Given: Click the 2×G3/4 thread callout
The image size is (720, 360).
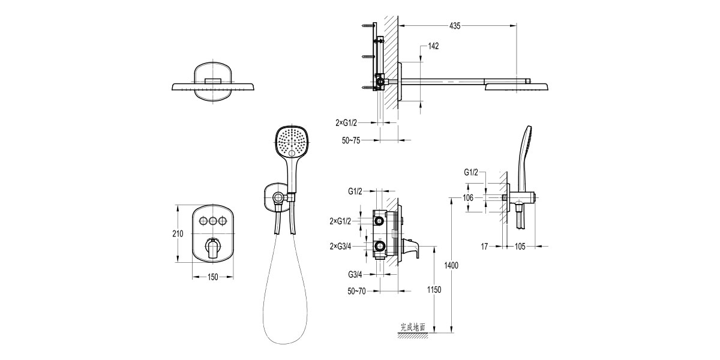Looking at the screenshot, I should coord(342,245).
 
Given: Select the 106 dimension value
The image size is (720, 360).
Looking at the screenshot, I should coord(468,197).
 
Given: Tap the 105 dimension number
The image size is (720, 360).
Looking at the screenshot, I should coord(520,245).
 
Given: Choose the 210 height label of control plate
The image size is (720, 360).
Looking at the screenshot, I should coord(178,234).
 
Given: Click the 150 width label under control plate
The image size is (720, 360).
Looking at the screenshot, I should coord(213,277).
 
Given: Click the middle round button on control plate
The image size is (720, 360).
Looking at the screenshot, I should coord(213,221).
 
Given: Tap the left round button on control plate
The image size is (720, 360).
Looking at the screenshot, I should coord(201,221).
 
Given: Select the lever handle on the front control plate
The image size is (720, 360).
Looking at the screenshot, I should coord(213,248).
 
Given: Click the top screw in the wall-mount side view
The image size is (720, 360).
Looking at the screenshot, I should coord(367,26).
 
